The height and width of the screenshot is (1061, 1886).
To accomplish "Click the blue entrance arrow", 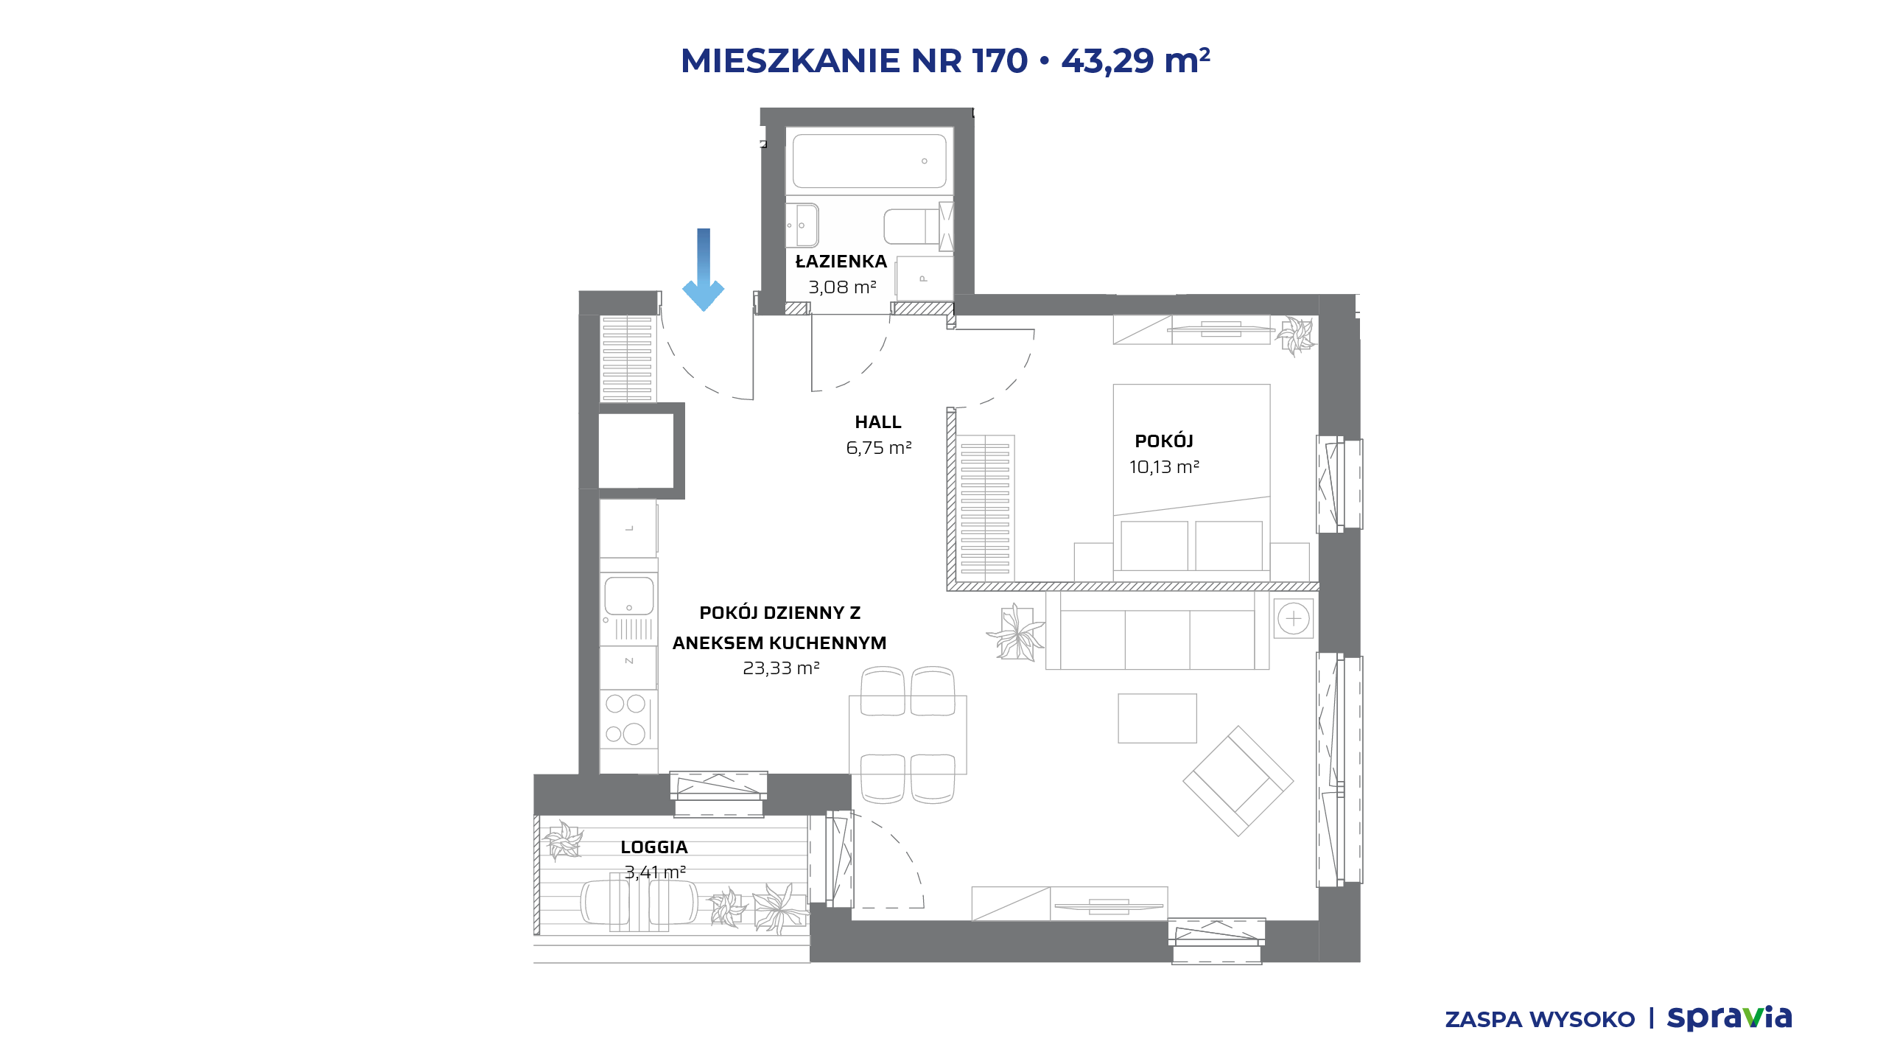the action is [x=704, y=270].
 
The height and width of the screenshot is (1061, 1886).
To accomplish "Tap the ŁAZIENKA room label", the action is [x=841, y=262].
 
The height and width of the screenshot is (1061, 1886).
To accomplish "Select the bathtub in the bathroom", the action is [x=869, y=161].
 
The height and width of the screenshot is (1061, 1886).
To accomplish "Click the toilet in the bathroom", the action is [x=918, y=225].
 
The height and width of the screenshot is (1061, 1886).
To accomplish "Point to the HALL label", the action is [x=878, y=422].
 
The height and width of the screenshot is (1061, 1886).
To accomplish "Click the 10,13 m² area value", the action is [x=1164, y=467].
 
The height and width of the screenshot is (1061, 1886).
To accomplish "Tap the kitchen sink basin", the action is [x=629, y=595].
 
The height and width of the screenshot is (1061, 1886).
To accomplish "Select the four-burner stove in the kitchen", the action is [x=628, y=719].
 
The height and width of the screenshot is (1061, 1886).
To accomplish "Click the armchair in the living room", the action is [x=1238, y=781].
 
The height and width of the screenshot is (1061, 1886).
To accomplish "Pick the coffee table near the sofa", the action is [x=1157, y=718].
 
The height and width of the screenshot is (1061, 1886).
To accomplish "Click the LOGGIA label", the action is [x=654, y=847].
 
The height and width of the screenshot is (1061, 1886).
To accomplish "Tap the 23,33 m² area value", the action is [x=781, y=668].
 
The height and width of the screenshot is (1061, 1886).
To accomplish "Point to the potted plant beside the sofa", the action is [x=1016, y=633].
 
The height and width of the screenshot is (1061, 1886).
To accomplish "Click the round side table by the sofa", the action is [x=1294, y=618].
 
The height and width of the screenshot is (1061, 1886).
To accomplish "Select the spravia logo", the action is [x=1729, y=1018].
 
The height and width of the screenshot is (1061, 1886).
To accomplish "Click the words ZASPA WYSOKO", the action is [x=1540, y=1020].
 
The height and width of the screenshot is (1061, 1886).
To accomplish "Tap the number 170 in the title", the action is [x=1000, y=60].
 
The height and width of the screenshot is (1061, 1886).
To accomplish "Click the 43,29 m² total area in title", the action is [x=1135, y=60].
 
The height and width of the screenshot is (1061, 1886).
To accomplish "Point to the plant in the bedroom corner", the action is [x=1296, y=336].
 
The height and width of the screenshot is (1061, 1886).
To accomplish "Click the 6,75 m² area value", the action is [x=879, y=448].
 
